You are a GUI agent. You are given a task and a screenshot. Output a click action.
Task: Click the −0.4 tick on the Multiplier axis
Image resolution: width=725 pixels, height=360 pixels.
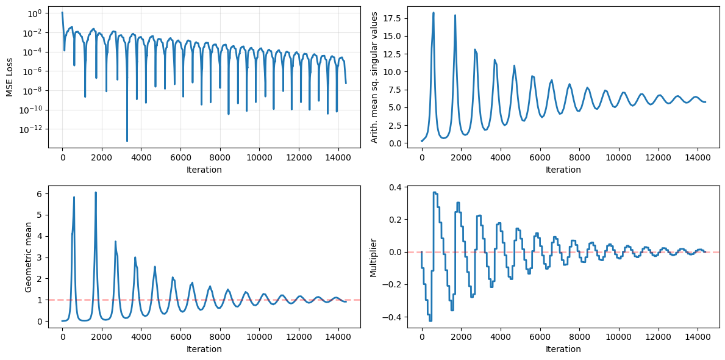pos(395,317)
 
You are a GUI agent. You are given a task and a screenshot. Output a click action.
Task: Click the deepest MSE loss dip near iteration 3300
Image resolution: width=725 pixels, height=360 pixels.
pos(127,141)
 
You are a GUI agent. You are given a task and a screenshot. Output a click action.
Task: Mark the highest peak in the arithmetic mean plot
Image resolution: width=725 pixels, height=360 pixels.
pos(434,13)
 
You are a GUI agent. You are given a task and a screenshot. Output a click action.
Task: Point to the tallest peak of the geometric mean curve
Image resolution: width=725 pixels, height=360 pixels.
pos(96,192)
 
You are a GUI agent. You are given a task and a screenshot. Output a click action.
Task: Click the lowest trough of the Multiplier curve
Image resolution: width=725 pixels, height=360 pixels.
pos(430,321)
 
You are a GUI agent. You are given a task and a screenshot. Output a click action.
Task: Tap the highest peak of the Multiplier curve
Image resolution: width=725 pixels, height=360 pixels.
pos(435,192)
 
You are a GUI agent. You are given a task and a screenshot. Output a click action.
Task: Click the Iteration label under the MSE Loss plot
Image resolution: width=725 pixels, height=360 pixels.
pos(204,170)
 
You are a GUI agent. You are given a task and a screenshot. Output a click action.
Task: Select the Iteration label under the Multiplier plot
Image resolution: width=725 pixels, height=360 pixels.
pos(563,349)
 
